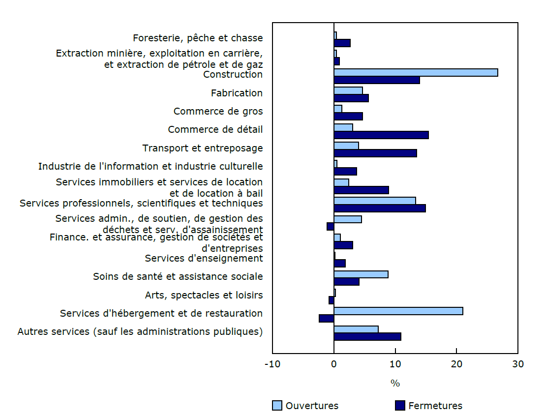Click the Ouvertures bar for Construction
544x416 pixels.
click(x=416, y=73)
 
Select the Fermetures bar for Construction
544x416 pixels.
click(x=377, y=80)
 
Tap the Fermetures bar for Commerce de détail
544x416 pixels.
click(x=381, y=135)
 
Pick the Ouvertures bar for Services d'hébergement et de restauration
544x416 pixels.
click(x=398, y=311)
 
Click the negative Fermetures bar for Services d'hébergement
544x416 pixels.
click(x=327, y=318)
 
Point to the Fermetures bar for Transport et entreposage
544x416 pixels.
click(x=375, y=153)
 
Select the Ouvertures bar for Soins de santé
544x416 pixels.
click(x=361, y=274)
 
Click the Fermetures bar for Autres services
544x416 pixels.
click(x=367, y=336)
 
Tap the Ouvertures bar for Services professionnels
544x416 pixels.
click(x=375, y=201)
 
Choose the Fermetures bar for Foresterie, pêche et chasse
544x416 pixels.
click(x=342, y=43)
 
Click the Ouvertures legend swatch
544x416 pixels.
click(x=277, y=406)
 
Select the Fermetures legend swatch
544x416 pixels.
click(x=400, y=406)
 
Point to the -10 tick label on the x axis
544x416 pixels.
click(x=272, y=364)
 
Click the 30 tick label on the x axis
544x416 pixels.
click(x=517, y=364)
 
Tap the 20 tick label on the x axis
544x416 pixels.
click(x=456, y=364)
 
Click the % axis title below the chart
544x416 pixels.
click(x=395, y=383)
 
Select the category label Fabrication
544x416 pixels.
click(x=237, y=93)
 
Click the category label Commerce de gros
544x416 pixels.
click(x=218, y=111)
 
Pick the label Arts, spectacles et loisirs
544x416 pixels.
click(x=204, y=295)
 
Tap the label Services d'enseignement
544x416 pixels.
click(x=204, y=258)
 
